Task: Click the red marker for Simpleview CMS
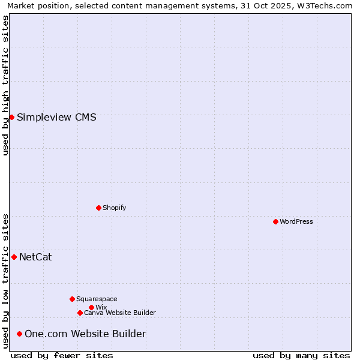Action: pos(11,117)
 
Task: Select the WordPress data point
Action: pos(275,221)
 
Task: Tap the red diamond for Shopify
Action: pos(98,208)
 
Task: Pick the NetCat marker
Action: pos(14,257)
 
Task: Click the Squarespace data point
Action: pos(72,299)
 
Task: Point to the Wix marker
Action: pos(91,307)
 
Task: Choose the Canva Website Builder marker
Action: pos(80,313)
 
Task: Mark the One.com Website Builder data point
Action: pos(19,334)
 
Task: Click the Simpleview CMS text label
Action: pos(56,117)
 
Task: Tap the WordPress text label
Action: pos(296,221)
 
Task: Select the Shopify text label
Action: pos(114,208)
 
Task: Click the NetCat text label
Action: pos(35,257)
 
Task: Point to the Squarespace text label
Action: pos(97,299)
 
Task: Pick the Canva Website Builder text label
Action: pos(120,313)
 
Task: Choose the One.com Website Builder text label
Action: pos(85,334)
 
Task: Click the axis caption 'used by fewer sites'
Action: pos(62,355)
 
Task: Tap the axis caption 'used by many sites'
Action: pos(301,355)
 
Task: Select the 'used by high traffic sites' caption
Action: pos(5,85)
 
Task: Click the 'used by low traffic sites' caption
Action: pos(5,281)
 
